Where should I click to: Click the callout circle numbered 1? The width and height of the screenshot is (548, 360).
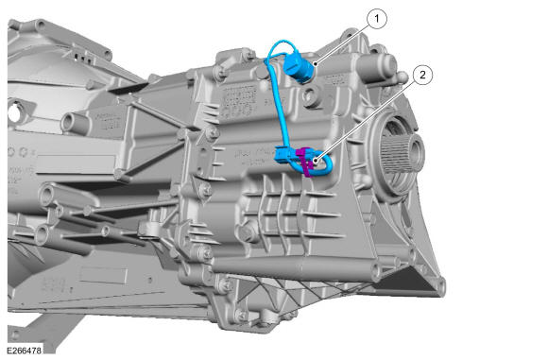point(377,19)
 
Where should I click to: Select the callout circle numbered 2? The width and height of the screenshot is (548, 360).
point(422,75)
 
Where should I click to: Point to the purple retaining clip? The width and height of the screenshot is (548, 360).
point(304,162)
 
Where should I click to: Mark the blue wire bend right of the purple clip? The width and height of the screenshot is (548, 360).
point(327,164)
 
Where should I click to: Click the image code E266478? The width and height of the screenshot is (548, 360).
point(24,351)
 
